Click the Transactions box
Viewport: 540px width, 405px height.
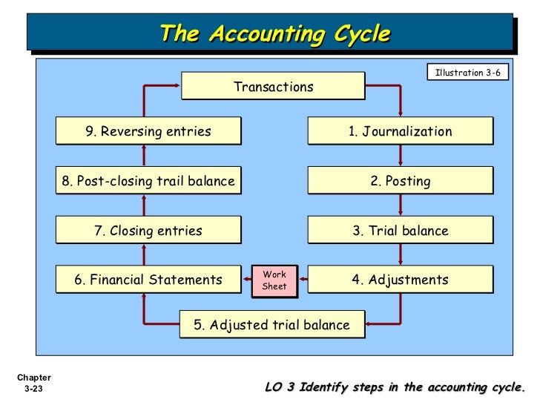(x=273, y=87)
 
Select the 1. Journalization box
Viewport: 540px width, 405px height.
(x=400, y=131)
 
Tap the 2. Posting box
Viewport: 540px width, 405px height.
(x=400, y=181)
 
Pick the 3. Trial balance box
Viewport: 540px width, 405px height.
(x=400, y=231)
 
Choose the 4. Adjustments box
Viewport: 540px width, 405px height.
(x=400, y=280)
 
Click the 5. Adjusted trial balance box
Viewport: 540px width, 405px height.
(x=271, y=325)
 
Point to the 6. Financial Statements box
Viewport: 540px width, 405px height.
(x=148, y=280)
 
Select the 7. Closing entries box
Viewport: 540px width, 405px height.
(x=148, y=231)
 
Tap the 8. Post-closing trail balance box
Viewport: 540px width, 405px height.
(x=148, y=181)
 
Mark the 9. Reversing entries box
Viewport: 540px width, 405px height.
(x=148, y=131)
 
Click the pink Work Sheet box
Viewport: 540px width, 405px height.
(x=274, y=280)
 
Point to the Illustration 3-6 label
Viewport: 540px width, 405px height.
(x=467, y=73)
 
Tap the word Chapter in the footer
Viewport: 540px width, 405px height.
(x=32, y=378)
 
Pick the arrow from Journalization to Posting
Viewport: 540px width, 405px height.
(x=401, y=156)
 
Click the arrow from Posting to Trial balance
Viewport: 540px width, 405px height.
(x=401, y=205)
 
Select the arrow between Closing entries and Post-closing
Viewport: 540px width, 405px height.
(x=145, y=205)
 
